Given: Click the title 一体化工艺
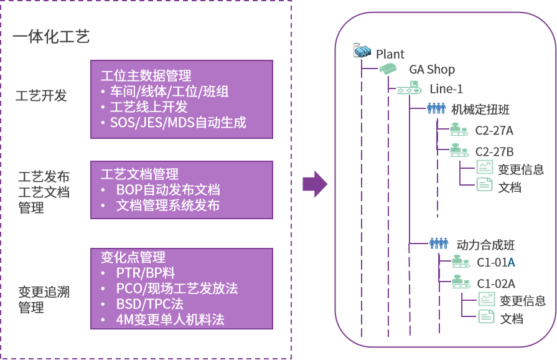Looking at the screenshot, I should point(51,37).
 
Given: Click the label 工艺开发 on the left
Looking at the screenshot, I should point(41,96).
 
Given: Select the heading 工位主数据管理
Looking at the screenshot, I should point(146,76).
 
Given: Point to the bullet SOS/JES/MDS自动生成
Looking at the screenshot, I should point(178,122).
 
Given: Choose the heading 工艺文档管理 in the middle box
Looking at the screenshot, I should point(139,174).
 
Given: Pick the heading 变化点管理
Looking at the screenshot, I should point(133,258).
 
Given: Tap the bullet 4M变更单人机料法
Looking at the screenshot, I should point(170,320).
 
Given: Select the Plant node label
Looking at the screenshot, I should point(390,54).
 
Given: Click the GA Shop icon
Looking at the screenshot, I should point(388,69).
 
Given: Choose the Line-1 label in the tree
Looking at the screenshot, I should point(446,89).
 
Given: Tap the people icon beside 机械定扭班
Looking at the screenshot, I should point(436,108).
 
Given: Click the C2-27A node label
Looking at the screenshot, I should point(494,130).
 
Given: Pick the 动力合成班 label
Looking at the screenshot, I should point(485,245).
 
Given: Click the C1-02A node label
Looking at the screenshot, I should point(496,284).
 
